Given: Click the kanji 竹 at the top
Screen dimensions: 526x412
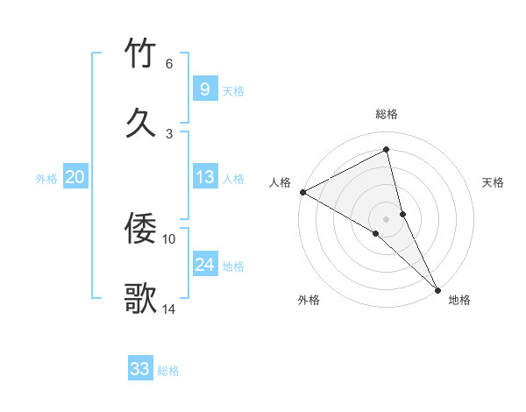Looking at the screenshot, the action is tap(141, 54).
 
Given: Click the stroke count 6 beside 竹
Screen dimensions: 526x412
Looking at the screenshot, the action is tap(169, 63).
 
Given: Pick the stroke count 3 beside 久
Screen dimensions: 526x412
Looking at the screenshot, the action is tap(169, 133).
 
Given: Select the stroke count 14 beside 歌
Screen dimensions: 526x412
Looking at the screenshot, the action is tap(170, 309).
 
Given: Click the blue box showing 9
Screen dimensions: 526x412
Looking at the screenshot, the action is tap(204, 89).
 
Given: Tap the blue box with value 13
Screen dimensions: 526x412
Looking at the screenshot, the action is tap(204, 177).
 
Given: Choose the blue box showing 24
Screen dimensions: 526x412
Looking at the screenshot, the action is tap(204, 265).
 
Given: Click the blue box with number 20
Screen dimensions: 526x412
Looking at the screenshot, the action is tap(75, 177).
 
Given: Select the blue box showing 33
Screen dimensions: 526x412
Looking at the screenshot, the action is tap(139, 369).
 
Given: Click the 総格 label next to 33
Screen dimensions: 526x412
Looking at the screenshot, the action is tap(168, 371).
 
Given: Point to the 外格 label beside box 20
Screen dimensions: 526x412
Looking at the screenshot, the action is tap(46, 179).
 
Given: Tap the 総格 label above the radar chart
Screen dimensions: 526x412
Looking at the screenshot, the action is tap(387, 114).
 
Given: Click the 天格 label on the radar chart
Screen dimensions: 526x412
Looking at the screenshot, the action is tap(493, 182).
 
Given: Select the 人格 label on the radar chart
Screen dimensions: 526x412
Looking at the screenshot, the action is tap(280, 182).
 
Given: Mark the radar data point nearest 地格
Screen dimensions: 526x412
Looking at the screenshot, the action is tap(437, 288).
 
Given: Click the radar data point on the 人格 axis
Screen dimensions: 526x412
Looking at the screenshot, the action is tap(302, 192).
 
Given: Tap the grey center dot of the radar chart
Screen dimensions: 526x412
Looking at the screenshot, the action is tap(387, 218).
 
